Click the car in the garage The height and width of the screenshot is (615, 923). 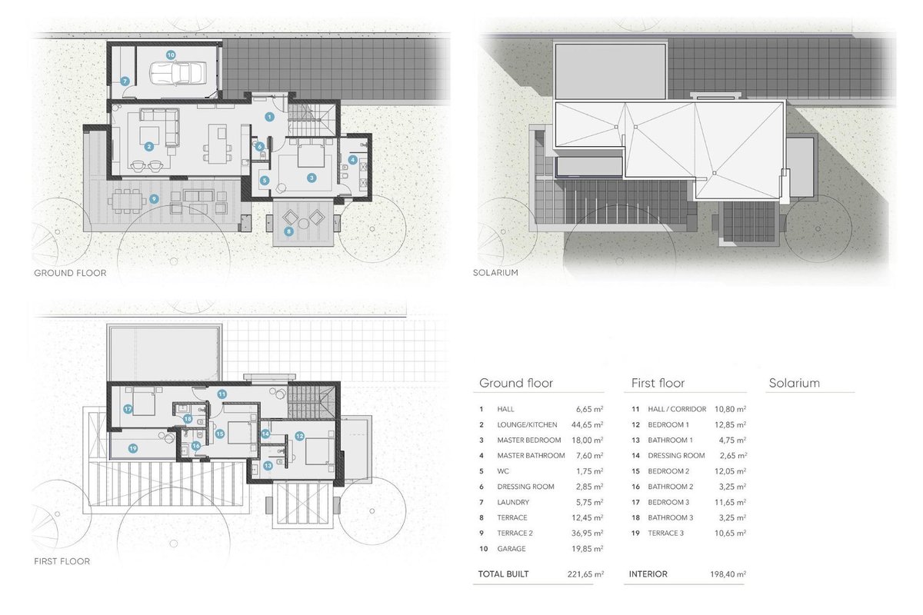178,74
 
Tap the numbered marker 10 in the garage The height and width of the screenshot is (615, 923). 171,55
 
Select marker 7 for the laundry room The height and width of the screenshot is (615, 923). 125,81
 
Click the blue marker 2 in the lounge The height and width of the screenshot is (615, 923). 148,146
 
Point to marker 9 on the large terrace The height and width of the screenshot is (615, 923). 154,199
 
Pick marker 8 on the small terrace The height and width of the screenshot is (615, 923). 288,231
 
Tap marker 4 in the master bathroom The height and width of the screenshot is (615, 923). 352,160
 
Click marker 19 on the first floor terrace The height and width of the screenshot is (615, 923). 132,449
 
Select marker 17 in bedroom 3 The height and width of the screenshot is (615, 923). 128,409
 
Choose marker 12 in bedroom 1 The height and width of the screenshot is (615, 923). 299,436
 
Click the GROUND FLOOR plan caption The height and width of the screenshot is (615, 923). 70,273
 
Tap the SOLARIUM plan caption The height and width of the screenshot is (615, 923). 495,273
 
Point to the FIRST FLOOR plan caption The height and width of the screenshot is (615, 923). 62,561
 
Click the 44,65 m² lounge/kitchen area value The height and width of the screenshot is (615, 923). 587,424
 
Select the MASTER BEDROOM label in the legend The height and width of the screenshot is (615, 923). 528,440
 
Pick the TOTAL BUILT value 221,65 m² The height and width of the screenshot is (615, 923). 585,574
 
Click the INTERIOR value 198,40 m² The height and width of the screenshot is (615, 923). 728,574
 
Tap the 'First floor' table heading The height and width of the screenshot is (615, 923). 658,383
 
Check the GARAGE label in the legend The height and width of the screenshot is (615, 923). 511,549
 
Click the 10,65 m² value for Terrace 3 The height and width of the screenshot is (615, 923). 730,533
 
